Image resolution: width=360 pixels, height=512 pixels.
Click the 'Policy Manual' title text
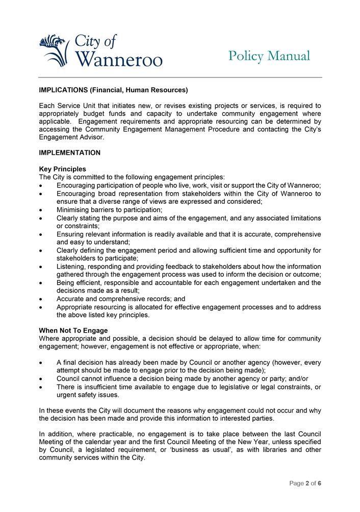(269, 56)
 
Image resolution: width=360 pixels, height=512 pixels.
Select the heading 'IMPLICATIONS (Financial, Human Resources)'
(113, 90)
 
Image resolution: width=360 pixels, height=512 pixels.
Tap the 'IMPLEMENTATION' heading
(69, 152)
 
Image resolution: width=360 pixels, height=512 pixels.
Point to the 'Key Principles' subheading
(62, 169)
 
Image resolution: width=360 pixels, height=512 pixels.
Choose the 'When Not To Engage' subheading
(73, 331)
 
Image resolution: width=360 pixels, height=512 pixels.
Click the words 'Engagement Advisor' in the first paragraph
(71, 138)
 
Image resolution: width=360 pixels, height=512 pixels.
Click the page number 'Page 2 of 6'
(305, 483)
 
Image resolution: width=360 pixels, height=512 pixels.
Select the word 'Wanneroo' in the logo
(119, 60)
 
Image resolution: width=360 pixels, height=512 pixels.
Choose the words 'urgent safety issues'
(88, 395)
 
